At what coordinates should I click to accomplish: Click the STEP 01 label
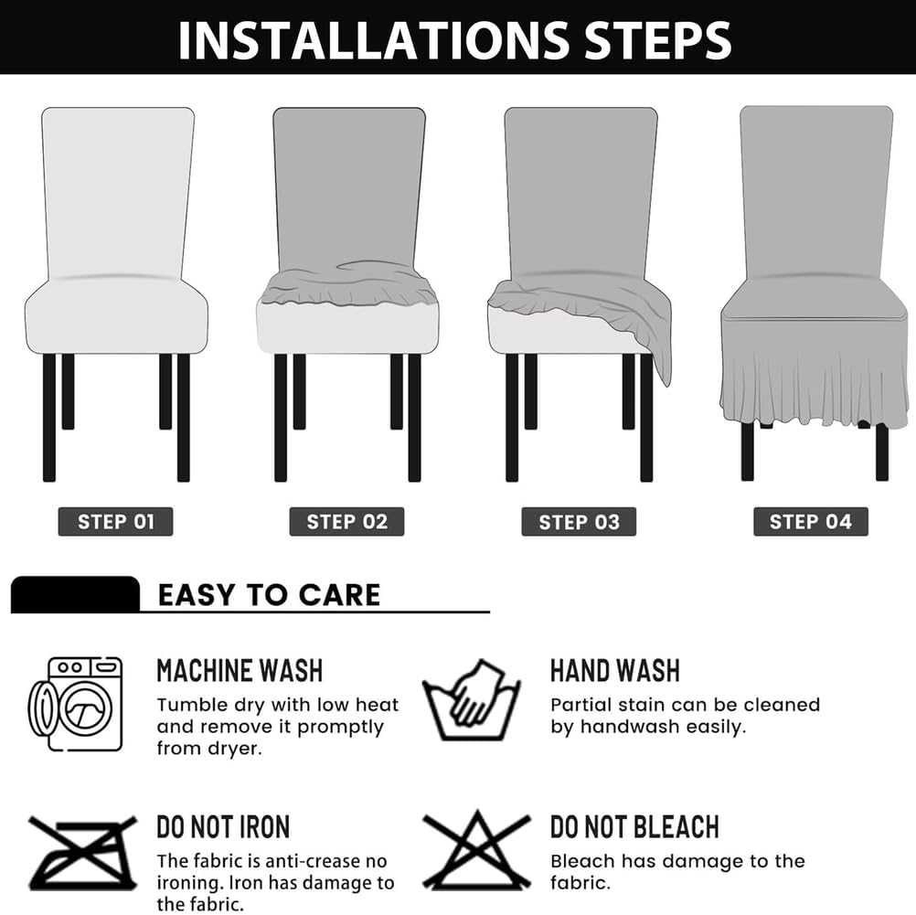coord(115,522)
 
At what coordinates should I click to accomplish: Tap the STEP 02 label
coord(347,522)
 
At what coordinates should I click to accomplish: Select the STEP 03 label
coord(579,522)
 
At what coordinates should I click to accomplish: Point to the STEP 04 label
coord(810,522)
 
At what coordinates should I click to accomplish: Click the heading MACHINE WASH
coord(240,670)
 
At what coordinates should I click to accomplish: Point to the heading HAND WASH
coord(614,670)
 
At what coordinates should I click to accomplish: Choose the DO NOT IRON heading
coord(223,827)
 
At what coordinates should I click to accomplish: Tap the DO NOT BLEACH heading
coord(634,827)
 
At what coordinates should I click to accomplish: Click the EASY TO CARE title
coord(269,595)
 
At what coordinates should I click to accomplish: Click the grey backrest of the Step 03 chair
coord(580,192)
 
